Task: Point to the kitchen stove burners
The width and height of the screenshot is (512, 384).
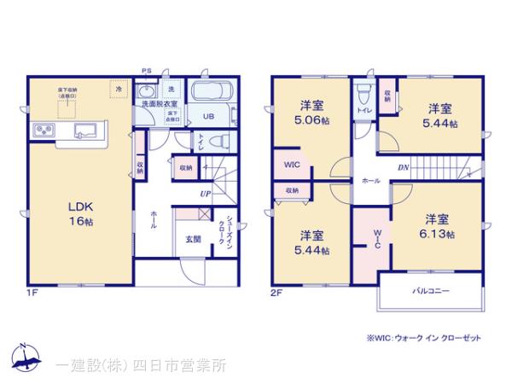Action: click(x=44, y=131)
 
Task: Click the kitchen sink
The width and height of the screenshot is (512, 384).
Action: click(x=86, y=131)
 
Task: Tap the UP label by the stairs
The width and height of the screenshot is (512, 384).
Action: click(x=205, y=195)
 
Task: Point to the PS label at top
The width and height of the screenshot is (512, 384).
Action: click(x=146, y=70)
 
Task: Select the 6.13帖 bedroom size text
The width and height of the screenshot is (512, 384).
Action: click(x=437, y=234)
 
